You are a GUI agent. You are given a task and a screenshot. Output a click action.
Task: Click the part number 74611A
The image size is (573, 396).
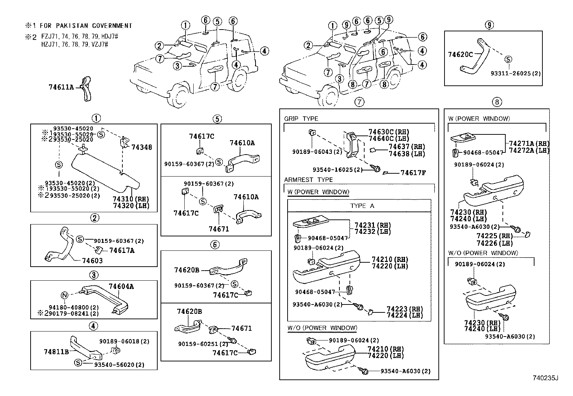[61, 87]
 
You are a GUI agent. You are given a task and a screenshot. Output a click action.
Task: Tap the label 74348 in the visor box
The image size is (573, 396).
[142, 147]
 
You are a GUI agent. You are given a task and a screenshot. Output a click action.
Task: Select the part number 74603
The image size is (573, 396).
[93, 261]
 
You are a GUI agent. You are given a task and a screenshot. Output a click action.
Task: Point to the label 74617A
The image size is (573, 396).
[122, 250]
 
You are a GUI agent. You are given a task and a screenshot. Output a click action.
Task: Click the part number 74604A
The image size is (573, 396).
[121, 286]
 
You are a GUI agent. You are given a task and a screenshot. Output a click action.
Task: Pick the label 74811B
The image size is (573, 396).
[56, 352]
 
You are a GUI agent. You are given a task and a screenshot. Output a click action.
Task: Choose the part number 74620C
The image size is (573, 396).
[460, 54]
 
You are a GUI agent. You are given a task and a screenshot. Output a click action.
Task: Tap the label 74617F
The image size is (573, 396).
[413, 173]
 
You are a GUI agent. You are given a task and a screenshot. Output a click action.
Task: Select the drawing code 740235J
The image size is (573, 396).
[545, 378]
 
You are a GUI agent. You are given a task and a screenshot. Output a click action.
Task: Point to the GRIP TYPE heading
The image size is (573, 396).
[301, 119]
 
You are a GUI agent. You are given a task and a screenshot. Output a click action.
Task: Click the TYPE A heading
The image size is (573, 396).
[362, 206]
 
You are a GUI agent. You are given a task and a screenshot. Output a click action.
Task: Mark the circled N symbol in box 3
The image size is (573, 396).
[64, 295]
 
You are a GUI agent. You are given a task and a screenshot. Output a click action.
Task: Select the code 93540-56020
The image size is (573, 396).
[114, 365]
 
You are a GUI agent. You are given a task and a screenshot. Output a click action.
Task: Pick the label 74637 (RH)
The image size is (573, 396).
[407, 147]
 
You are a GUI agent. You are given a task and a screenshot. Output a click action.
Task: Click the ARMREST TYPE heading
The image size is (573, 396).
[308, 180]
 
